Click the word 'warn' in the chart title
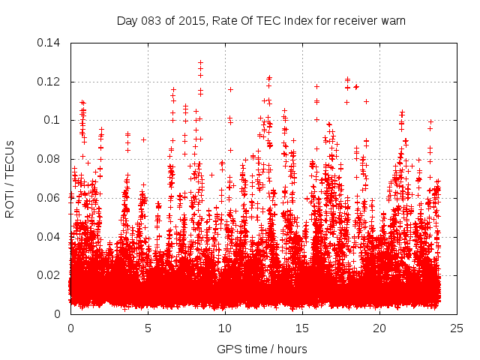pyautogui.click(x=391, y=21)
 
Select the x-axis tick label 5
pyautogui.click(x=148, y=328)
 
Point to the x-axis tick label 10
pyautogui.click(x=225, y=328)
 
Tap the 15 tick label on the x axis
pyautogui.click(x=302, y=328)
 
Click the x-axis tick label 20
pyautogui.click(x=379, y=328)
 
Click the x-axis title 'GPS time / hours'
pyautogui.click(x=262, y=349)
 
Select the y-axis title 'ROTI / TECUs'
pyautogui.click(x=10, y=179)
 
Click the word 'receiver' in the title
pyautogui.click(x=352, y=21)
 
